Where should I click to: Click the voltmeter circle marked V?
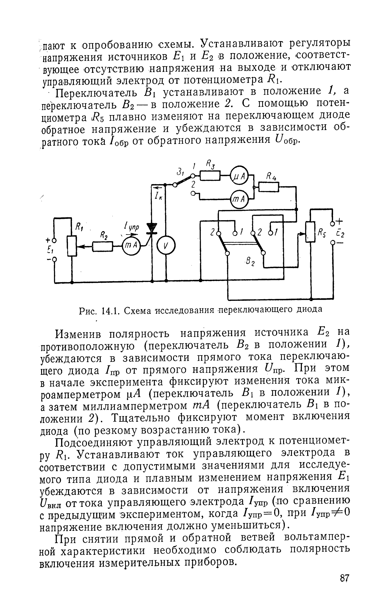pyautogui.click(x=166, y=246)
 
